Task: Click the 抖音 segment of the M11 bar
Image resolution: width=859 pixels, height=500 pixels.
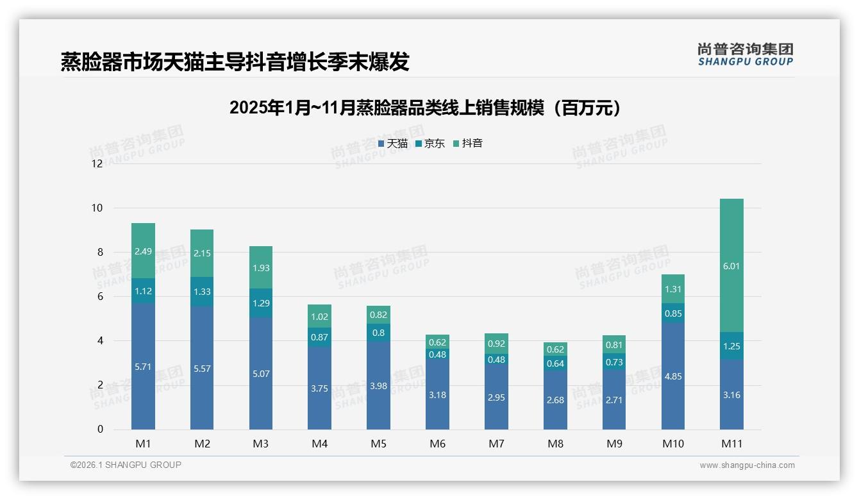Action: click(x=731, y=265)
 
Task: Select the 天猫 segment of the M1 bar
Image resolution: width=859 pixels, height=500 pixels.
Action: click(x=143, y=367)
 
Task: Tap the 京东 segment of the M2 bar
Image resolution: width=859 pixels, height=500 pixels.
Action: click(x=202, y=292)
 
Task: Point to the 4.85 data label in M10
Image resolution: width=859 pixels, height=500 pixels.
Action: click(x=673, y=376)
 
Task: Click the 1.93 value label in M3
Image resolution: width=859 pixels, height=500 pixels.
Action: click(x=261, y=267)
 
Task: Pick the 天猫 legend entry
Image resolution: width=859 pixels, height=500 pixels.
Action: click(x=393, y=144)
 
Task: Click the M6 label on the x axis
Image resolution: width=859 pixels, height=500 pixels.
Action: click(x=437, y=444)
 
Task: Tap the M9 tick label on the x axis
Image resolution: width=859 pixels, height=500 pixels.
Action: click(x=614, y=444)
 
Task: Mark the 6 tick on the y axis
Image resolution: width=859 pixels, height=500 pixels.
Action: click(x=100, y=297)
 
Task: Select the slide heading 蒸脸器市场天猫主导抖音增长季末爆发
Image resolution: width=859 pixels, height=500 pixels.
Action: click(x=235, y=62)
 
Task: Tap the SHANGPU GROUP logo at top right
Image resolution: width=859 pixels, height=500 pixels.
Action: click(x=745, y=54)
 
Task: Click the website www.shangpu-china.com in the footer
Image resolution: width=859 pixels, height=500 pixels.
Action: click(x=747, y=465)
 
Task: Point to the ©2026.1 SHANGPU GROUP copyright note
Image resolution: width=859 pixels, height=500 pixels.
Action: click(x=126, y=465)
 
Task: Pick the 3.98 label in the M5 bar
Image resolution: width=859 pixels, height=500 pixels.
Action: click(x=378, y=386)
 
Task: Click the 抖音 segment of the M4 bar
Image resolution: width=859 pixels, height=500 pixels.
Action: click(x=319, y=316)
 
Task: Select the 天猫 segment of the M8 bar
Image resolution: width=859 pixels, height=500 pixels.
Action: click(x=555, y=400)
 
